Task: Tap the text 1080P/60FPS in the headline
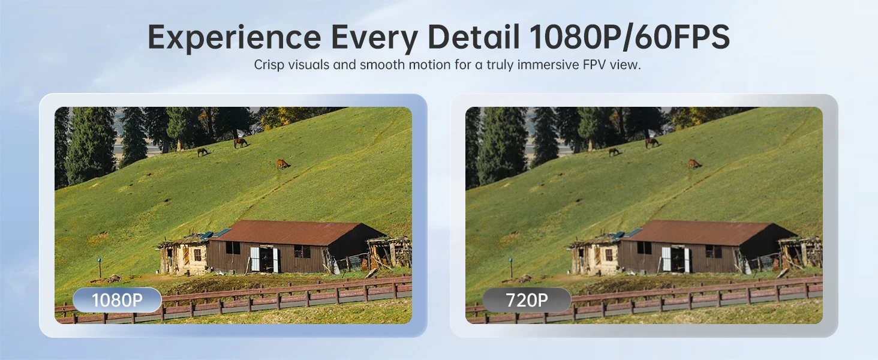coord(629,37)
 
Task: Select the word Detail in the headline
coord(474,37)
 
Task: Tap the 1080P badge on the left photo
coord(117,300)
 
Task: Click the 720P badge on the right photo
coord(527,300)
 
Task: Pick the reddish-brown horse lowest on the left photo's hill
coord(283,164)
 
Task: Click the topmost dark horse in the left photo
coord(240,143)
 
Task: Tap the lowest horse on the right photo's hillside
coord(694,164)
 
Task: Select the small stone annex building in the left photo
coord(184,254)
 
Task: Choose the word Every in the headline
coord(374,38)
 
